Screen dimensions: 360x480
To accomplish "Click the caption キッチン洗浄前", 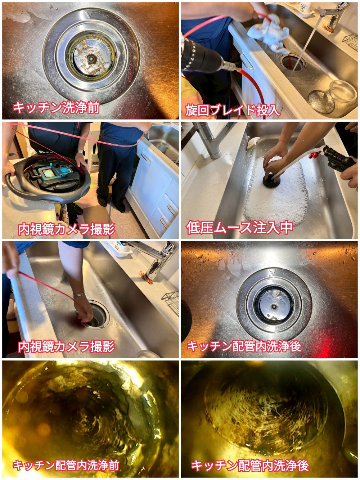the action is coord(56,108).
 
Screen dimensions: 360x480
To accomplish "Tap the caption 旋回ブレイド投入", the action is coord(233,110).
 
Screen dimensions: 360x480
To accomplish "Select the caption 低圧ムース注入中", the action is coord(239,228).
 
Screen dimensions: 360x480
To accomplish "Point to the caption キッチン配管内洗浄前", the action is coord(66,465).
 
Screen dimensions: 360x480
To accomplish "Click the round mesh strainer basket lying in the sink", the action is coord(321,102).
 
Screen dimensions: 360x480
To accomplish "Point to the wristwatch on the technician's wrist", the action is coord(81,152).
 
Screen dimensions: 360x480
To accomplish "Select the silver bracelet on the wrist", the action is coord(79,295).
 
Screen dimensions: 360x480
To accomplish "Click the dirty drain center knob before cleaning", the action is coord(91,59).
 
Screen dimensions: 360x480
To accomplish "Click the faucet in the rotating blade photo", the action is coord(333,15).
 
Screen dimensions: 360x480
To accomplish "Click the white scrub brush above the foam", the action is coord(253,143).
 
